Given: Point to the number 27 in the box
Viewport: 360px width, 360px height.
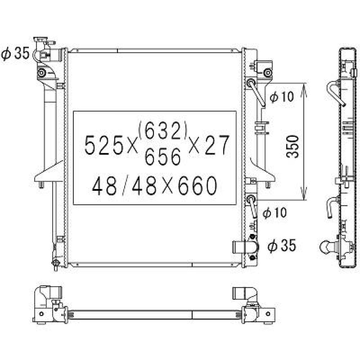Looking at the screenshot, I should [x=217, y=145].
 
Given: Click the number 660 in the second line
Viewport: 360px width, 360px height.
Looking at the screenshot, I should [x=196, y=186].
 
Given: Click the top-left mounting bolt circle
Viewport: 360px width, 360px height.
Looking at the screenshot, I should [x=42, y=73].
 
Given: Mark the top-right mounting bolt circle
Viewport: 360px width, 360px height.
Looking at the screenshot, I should [x=267, y=73].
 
